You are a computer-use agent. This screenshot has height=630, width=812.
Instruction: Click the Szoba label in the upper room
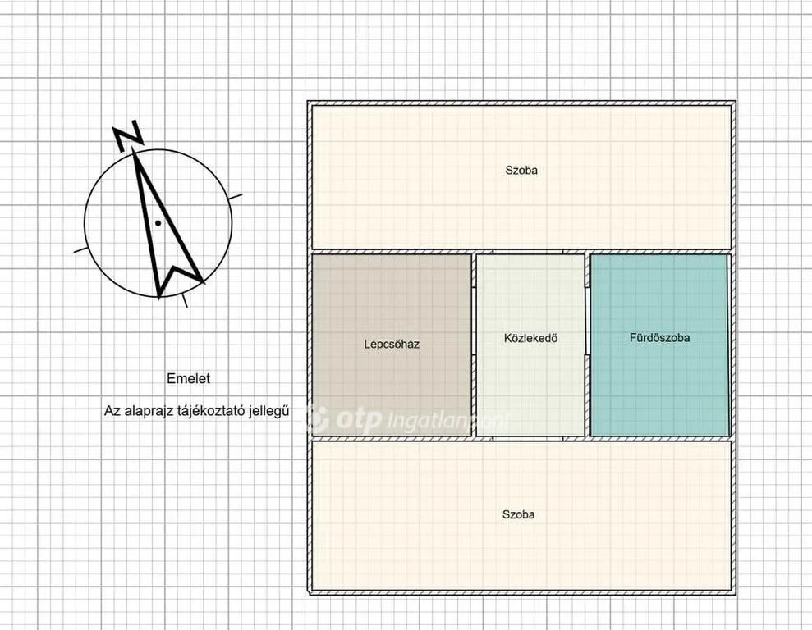tap(521, 170)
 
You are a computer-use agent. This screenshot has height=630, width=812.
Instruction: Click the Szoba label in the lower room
tap(518, 514)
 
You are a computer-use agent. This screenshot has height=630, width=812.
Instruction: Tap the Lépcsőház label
tap(392, 344)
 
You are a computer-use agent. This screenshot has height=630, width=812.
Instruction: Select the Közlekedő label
tap(531, 338)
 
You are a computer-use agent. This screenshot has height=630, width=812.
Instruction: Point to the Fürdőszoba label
tap(660, 338)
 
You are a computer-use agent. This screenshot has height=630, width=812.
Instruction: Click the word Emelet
tap(189, 379)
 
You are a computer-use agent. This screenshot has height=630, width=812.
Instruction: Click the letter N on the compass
tap(128, 136)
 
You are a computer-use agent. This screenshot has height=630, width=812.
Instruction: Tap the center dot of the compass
tap(158, 223)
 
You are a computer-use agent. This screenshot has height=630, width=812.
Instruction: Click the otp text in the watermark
tap(358, 418)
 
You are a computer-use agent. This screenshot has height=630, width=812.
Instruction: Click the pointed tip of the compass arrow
tap(134, 149)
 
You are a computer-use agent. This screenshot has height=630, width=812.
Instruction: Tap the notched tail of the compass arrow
tap(175, 270)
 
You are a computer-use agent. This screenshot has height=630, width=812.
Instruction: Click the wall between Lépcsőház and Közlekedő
tap(474, 345)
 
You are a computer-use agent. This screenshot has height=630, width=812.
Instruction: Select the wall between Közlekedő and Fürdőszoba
tap(587, 345)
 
